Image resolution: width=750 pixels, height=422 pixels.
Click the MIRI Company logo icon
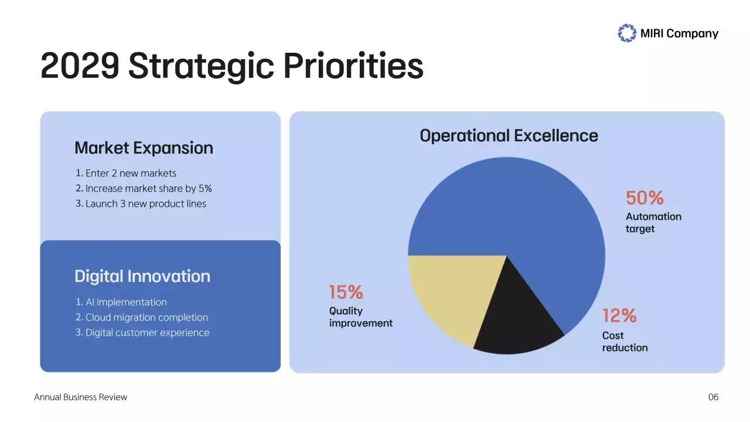pos(627,33)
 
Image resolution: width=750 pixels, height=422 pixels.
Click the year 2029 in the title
pos(79,66)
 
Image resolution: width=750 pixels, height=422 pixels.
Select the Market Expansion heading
pos(144,148)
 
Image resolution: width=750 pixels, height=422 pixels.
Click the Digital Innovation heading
pos(142,277)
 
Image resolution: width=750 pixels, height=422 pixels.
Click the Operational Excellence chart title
pos(509,136)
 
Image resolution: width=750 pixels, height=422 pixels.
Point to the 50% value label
pos(645,198)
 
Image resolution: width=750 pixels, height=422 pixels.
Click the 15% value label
pos(346,292)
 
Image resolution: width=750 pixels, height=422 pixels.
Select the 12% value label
pos(619,316)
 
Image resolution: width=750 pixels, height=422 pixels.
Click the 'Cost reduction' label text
pos(625,342)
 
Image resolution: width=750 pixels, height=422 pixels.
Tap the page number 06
pos(713,397)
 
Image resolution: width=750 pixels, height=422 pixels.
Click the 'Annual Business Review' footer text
pos(81,397)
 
